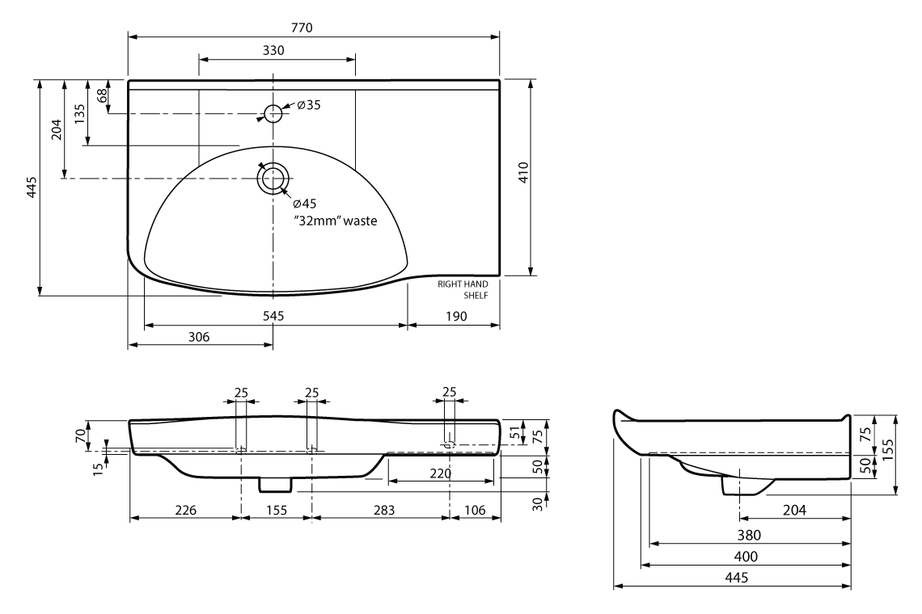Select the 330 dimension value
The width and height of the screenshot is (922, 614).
click(x=273, y=50)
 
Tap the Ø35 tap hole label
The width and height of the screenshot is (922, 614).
click(x=308, y=106)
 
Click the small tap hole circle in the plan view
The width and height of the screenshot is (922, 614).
click(x=274, y=112)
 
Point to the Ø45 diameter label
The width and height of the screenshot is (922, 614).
click(x=304, y=203)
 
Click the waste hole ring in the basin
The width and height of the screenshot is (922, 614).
click(x=273, y=179)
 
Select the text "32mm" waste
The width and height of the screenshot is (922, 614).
click(x=336, y=220)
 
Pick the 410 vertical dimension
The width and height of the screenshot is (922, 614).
click(x=523, y=175)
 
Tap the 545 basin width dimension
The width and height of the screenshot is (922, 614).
click(x=273, y=317)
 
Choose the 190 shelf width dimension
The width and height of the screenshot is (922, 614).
click(x=455, y=317)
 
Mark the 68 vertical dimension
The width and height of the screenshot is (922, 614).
click(x=103, y=95)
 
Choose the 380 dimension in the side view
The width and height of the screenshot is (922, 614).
click(x=748, y=534)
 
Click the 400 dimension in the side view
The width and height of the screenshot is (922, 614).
click(x=746, y=556)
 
